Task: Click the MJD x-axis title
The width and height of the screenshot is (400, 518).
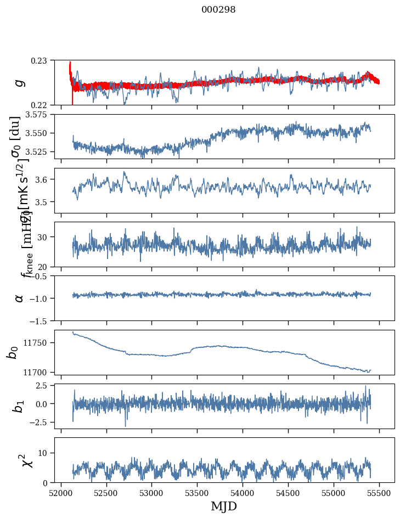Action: click(224, 506)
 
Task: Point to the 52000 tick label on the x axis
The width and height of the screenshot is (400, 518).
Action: click(61, 493)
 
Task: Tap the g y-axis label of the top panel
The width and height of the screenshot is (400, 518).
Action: click(20, 82)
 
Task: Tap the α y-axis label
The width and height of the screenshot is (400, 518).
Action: click(20, 298)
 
